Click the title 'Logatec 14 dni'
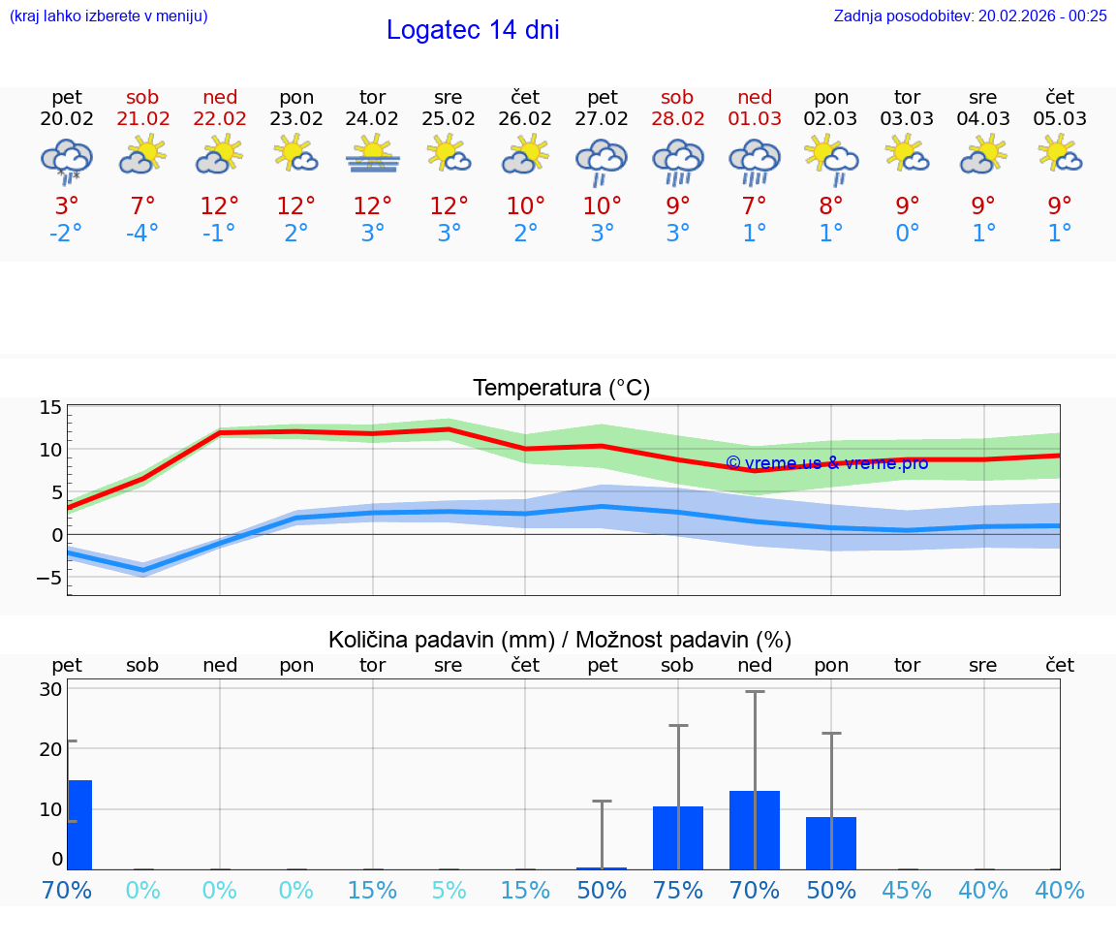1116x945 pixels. (x=473, y=30)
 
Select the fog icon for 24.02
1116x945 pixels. (x=373, y=155)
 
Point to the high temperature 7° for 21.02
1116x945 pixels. (x=142, y=206)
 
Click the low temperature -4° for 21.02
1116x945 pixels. (x=142, y=234)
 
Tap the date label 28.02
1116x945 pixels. (x=677, y=119)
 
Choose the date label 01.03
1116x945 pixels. (x=755, y=119)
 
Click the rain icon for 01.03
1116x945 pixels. (x=755, y=160)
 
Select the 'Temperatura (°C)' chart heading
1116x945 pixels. (x=561, y=389)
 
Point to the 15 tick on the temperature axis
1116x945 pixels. (x=50, y=408)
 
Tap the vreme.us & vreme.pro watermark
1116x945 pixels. (x=826, y=463)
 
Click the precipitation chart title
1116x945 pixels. (x=560, y=640)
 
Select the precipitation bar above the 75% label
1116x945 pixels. (x=678, y=837)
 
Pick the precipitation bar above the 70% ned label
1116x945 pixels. (x=755, y=830)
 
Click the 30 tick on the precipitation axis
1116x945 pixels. (x=50, y=689)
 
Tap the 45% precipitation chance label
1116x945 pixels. (x=908, y=891)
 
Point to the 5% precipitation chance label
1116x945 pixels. (x=449, y=891)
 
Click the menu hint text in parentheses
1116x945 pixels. (x=108, y=16)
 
